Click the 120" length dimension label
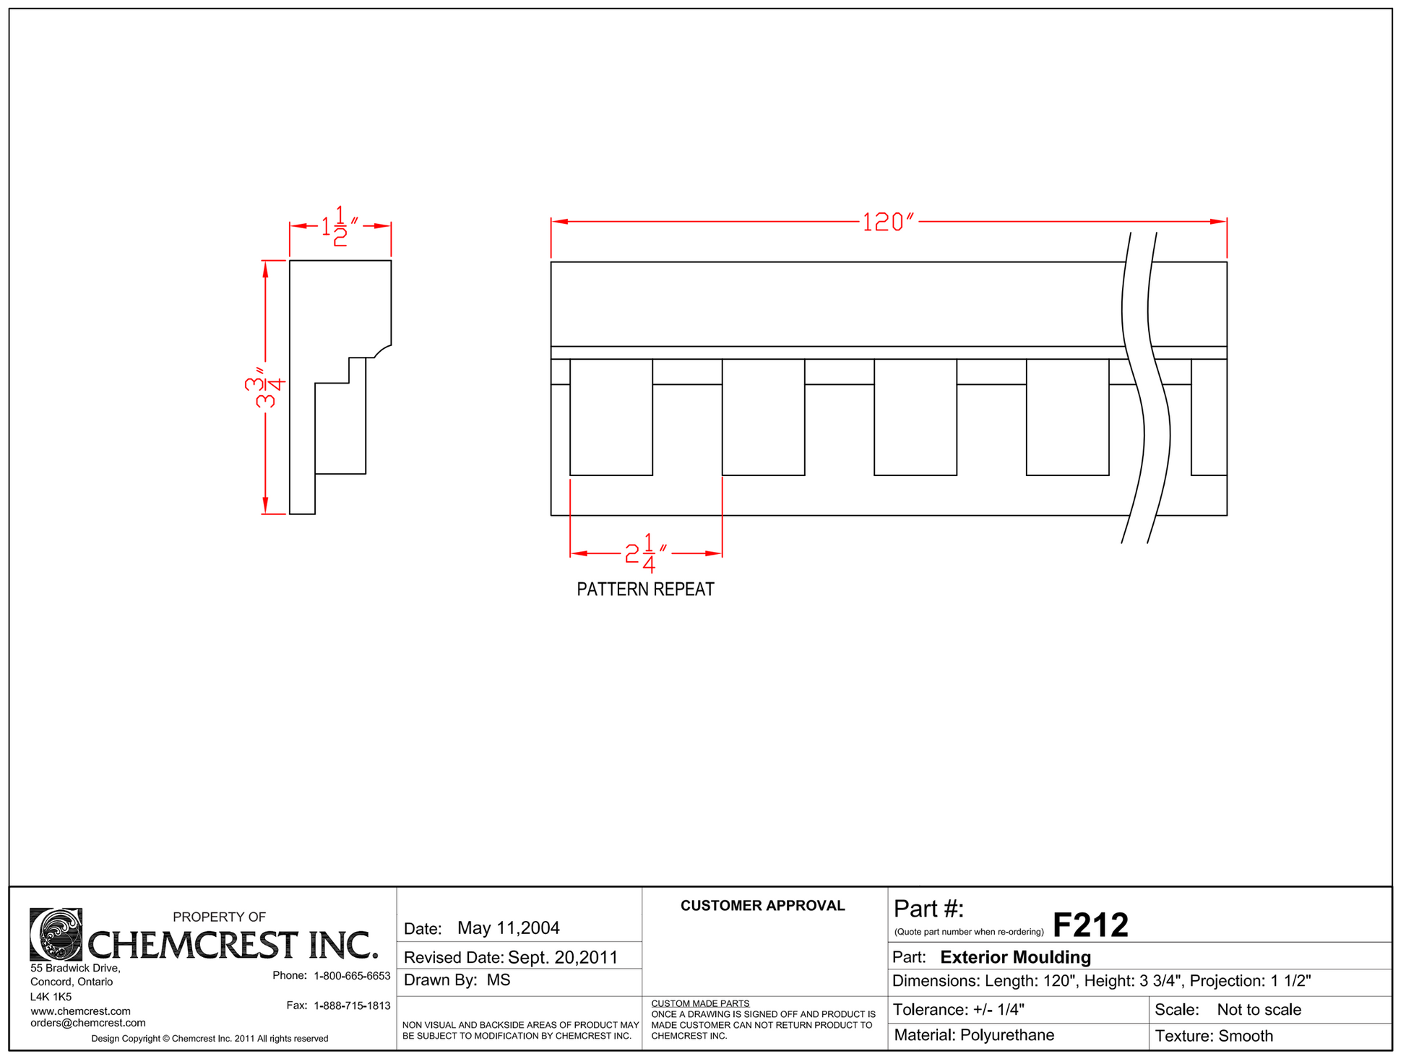[x=889, y=222]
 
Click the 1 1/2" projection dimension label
[x=340, y=226]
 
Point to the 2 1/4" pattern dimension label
[x=646, y=554]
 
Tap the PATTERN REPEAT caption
[x=645, y=589]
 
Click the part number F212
[x=1090, y=925]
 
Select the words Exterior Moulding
[x=1015, y=958]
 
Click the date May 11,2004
[x=509, y=928]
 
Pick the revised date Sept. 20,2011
[x=563, y=958]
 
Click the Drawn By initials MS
[x=499, y=980]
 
